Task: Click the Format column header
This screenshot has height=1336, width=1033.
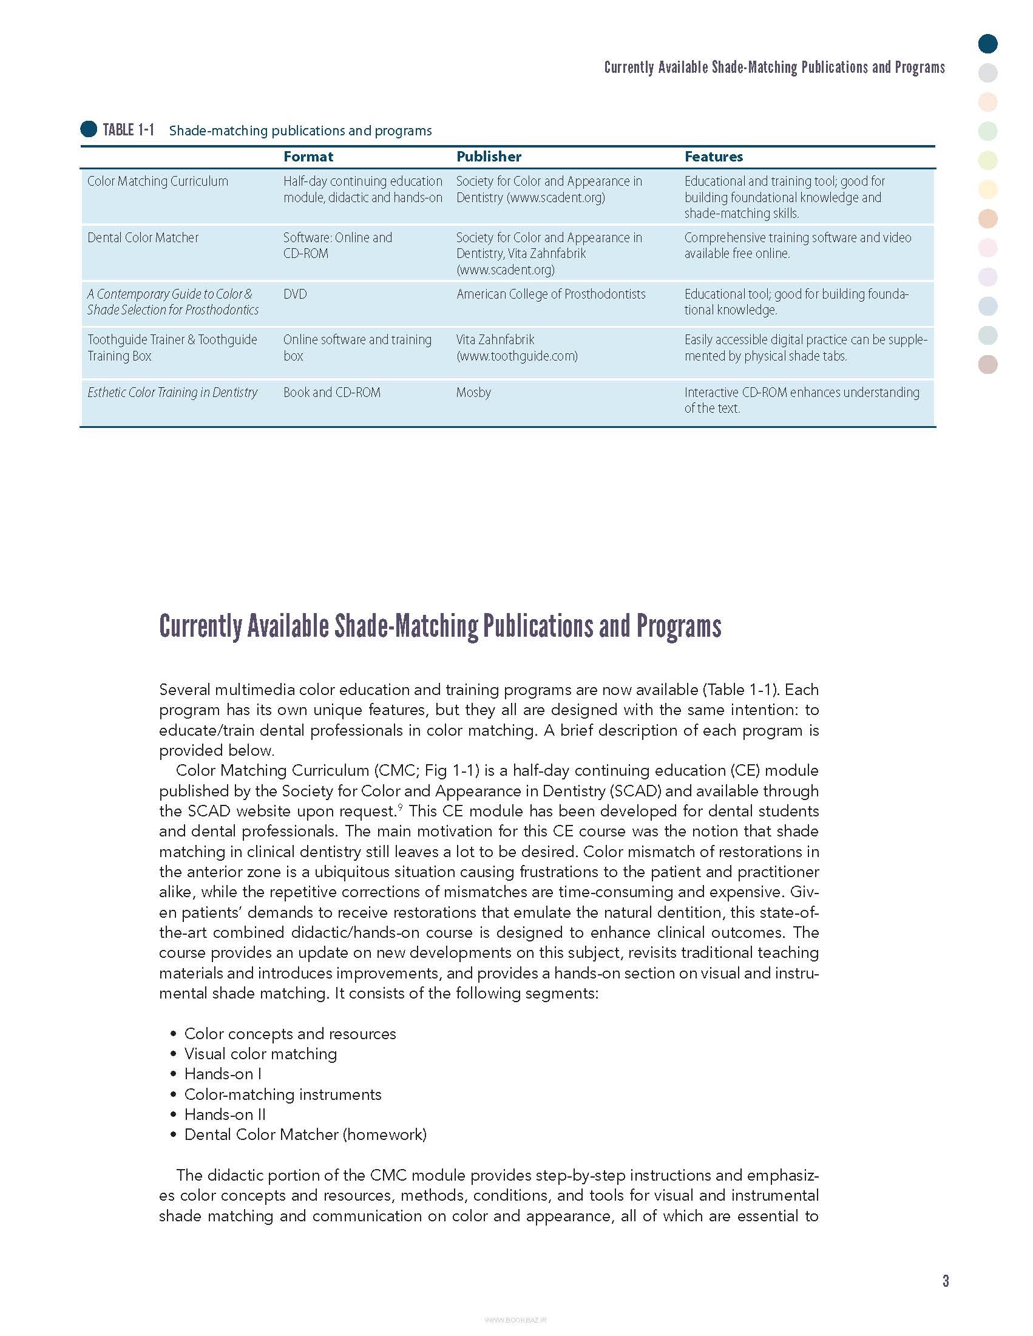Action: click(x=308, y=157)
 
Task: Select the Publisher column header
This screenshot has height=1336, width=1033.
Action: click(x=489, y=157)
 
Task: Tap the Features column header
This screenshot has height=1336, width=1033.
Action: click(x=713, y=157)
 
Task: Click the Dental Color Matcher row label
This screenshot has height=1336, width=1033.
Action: click(x=143, y=237)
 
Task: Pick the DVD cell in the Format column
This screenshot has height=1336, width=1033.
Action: click(x=295, y=294)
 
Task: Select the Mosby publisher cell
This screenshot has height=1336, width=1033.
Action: click(x=473, y=392)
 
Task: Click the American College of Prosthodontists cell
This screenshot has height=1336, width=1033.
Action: click(x=550, y=294)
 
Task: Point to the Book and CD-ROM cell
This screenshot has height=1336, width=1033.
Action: click(x=331, y=392)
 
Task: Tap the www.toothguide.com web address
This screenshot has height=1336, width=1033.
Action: click(x=517, y=356)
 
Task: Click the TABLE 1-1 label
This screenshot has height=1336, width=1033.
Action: click(x=129, y=130)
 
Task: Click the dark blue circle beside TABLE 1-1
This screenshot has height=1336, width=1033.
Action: click(x=89, y=129)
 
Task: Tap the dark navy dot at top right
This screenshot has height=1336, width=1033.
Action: click(x=987, y=44)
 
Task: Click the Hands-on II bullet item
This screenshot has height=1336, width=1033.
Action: click(x=225, y=1114)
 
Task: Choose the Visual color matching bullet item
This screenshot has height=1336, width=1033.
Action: click(x=260, y=1053)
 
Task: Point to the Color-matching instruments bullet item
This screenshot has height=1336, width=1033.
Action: click(x=283, y=1094)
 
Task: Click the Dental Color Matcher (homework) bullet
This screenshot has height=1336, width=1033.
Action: click(x=305, y=1134)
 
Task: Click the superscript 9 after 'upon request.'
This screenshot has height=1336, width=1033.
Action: click(x=400, y=807)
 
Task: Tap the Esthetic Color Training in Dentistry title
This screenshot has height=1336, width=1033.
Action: click(x=172, y=392)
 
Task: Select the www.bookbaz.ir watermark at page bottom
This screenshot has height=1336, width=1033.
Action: click(x=515, y=1320)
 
